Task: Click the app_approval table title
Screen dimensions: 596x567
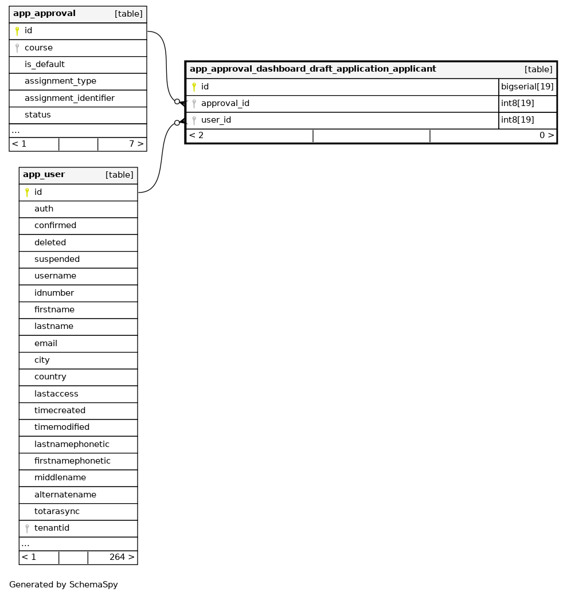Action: pyautogui.click(x=44, y=14)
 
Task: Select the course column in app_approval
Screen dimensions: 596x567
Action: pyautogui.click(x=38, y=48)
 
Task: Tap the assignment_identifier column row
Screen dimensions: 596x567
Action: pyautogui.click(x=69, y=99)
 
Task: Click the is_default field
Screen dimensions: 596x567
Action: pyautogui.click(x=44, y=65)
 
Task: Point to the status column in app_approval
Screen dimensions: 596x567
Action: pyautogui.click(x=38, y=115)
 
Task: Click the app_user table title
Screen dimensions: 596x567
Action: pyautogui.click(x=44, y=175)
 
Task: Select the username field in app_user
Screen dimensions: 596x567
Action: pyautogui.click(x=55, y=276)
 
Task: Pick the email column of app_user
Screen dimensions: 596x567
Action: pyautogui.click(x=46, y=343)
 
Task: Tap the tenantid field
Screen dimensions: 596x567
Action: pyautogui.click(x=52, y=528)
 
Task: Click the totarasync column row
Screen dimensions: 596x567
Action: pyautogui.click(x=57, y=511)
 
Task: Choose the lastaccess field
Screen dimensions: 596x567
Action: pyautogui.click(x=56, y=394)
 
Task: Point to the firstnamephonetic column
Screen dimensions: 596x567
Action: pyautogui.click(x=72, y=461)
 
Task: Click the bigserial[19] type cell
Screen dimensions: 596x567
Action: pyautogui.click(x=527, y=87)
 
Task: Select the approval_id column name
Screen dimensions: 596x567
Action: pyautogui.click(x=225, y=104)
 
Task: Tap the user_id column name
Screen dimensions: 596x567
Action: pyautogui.click(x=216, y=120)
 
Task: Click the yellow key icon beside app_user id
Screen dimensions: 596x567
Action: pyautogui.click(x=26, y=193)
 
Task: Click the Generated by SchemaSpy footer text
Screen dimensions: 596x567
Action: pyautogui.click(x=64, y=585)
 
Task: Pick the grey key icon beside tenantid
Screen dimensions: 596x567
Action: pyautogui.click(x=26, y=528)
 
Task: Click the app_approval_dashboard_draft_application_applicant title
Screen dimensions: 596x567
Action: pyautogui.click(x=312, y=69)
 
